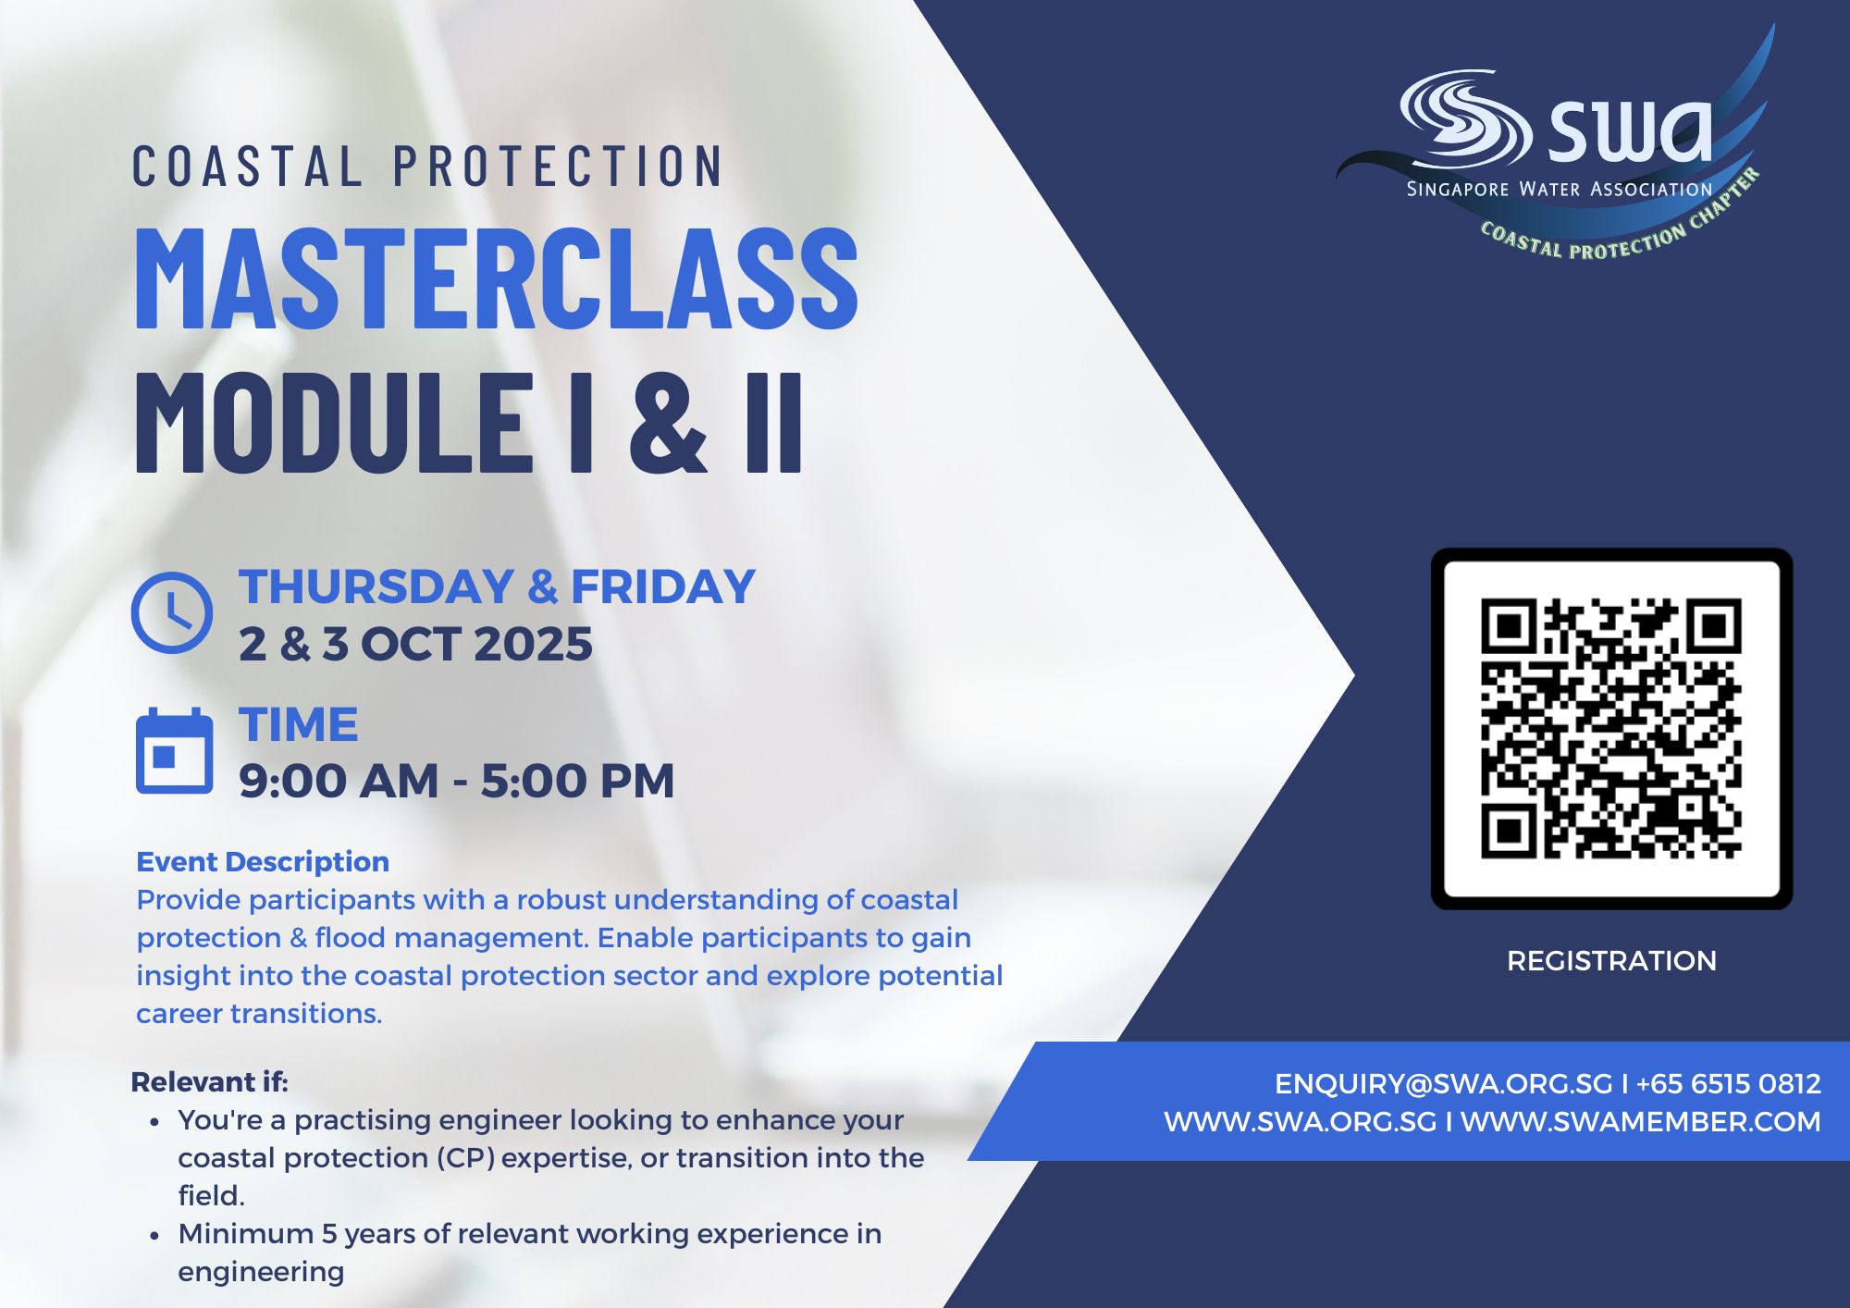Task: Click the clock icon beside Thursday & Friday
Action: point(172,612)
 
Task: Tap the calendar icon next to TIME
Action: point(174,751)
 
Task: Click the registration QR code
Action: point(1611,728)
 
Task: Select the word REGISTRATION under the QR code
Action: point(1611,961)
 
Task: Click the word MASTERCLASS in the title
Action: point(498,278)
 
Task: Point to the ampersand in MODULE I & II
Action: point(669,422)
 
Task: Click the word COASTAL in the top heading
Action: point(247,167)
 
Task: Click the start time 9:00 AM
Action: point(339,781)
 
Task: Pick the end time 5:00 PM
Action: point(578,781)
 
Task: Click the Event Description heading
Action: point(263,862)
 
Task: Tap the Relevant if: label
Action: point(210,1081)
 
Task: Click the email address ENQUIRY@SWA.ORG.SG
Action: point(1443,1084)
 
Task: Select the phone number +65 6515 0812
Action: point(1728,1084)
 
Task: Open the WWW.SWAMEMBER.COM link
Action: point(1641,1122)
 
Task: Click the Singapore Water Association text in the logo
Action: point(1560,190)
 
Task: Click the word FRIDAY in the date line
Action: point(663,586)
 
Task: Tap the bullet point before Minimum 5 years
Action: point(154,1236)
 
